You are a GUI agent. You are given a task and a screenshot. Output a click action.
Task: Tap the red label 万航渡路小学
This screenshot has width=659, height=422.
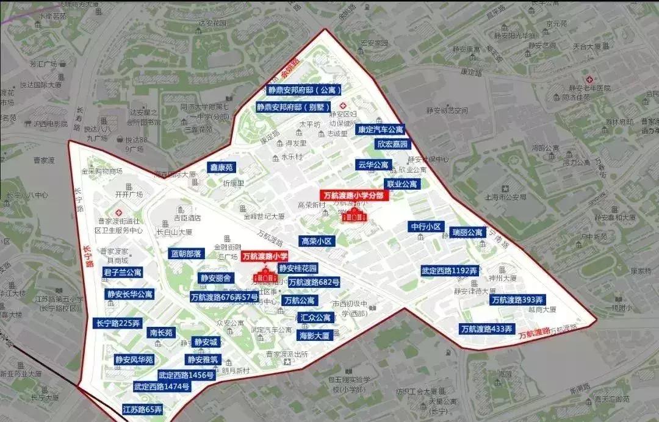coord(265,257)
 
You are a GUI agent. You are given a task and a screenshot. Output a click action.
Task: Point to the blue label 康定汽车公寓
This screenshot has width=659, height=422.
coord(381,129)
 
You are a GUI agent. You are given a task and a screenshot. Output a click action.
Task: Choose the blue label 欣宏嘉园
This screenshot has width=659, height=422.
coord(392,145)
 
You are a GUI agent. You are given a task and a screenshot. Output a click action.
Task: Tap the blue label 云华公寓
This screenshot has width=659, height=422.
coord(373,165)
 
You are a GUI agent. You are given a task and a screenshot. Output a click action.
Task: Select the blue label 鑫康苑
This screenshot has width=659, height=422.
coord(221,167)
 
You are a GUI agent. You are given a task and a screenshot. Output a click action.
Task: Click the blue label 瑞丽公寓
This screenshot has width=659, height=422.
coord(467,232)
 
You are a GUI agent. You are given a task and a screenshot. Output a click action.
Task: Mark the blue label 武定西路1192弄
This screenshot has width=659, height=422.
coord(449,270)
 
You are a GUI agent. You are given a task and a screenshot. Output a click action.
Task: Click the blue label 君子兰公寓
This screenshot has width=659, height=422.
coord(123,273)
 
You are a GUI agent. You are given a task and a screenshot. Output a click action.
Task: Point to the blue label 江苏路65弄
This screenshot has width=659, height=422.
coord(142,409)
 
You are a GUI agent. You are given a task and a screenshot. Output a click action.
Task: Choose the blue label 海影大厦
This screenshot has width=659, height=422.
coord(314,335)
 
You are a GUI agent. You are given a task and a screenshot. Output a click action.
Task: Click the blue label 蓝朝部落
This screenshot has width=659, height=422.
coord(186,254)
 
